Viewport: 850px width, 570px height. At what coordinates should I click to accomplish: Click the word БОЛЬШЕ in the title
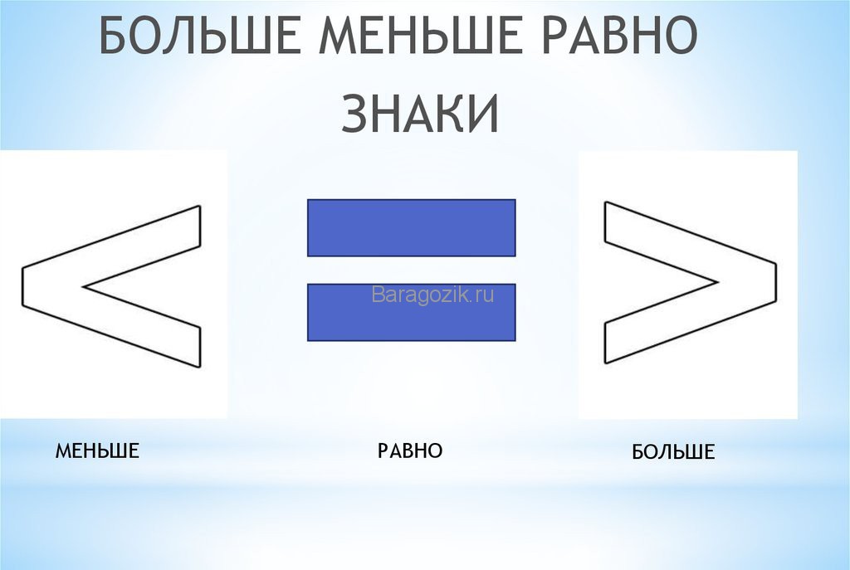tap(199, 34)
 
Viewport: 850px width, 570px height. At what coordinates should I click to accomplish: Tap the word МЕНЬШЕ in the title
tap(419, 34)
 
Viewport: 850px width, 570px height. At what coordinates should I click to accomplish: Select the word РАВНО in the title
tap(618, 34)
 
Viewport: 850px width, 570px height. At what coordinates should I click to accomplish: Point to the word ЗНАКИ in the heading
tap(419, 113)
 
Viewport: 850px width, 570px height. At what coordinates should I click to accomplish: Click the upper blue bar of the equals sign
tap(412, 227)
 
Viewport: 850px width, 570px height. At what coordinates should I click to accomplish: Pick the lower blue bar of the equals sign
tap(412, 312)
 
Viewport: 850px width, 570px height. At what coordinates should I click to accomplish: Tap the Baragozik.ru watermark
tap(432, 295)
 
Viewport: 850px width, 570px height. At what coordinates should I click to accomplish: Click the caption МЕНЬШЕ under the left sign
tap(97, 451)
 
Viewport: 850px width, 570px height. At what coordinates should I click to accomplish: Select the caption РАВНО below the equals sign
tap(410, 451)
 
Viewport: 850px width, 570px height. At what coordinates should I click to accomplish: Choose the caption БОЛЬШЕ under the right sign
tap(673, 452)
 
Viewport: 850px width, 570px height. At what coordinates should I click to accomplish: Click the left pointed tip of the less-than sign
tap(22, 286)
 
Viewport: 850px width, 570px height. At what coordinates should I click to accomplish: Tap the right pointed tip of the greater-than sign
tap(776, 282)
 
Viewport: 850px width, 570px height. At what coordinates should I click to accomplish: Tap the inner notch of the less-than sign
tap(83, 286)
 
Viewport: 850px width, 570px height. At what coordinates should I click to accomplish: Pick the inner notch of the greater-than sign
tap(718, 282)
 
